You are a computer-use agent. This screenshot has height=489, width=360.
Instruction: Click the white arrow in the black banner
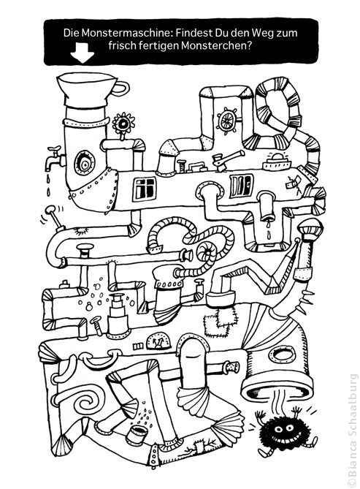pyautogui.click(x=83, y=53)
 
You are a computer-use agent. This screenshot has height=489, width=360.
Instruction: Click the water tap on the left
pyautogui.click(x=55, y=156)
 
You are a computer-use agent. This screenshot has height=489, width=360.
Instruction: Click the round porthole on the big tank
pyautogui.click(x=83, y=162)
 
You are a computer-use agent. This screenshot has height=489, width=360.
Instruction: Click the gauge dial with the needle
pyautogui.click(x=159, y=341)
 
